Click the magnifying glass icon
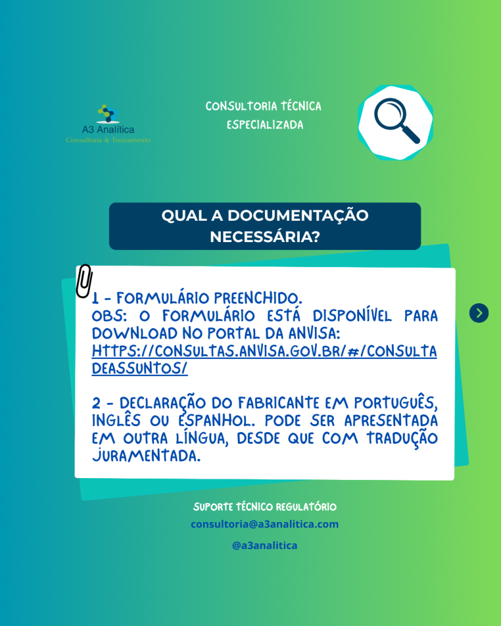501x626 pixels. (396, 120)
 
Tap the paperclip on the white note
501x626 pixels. (84, 281)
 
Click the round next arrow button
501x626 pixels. (479, 313)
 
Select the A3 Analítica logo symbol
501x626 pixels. (108, 114)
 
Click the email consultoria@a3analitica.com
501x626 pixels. (264, 524)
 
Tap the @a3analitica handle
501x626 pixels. (264, 545)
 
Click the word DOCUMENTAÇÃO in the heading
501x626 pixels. (298, 216)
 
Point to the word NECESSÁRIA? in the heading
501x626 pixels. (265, 237)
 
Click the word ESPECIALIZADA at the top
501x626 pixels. (265, 125)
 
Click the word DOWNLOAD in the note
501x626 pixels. (135, 333)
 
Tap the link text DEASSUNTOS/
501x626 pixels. (139, 369)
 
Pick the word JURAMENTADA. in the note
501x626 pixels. (146, 455)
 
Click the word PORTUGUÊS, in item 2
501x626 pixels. (396, 403)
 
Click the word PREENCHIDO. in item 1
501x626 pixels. (258, 298)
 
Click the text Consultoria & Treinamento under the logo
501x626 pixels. (108, 140)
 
